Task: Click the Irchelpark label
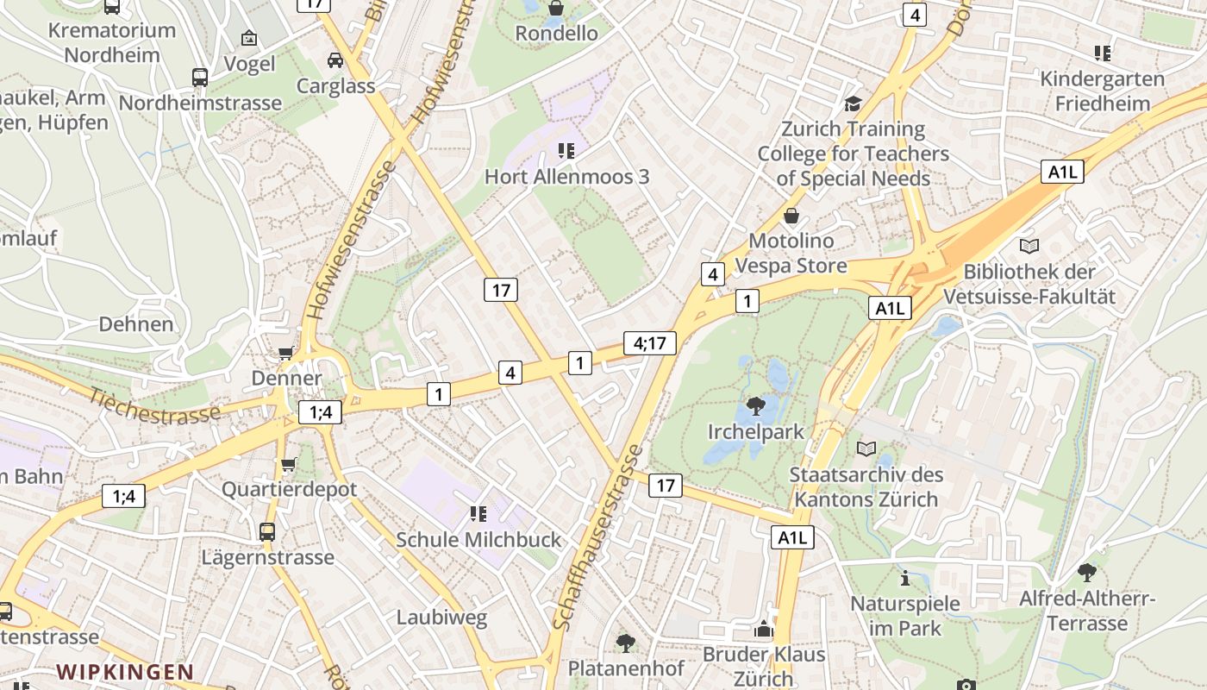(755, 432)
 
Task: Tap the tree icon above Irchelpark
(756, 405)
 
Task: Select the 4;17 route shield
(650, 342)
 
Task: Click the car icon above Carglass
(335, 60)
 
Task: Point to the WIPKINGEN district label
(125, 672)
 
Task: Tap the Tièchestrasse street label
(156, 403)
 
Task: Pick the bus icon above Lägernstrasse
(267, 531)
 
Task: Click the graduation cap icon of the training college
(853, 103)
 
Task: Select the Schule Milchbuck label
(478, 540)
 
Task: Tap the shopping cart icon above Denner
(285, 353)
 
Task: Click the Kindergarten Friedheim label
(1102, 91)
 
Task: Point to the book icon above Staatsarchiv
(866, 448)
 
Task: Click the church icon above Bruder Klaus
(764, 630)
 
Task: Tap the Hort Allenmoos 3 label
(566, 177)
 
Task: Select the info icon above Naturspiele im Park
(904, 577)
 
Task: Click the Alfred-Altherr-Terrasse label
(1087, 611)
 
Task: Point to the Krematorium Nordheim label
(112, 42)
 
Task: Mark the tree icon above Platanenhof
(625, 643)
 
